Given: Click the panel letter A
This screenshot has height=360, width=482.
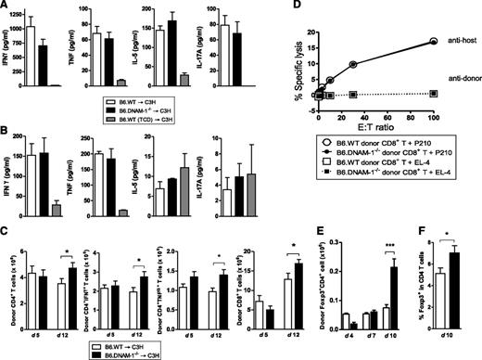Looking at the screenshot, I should click(6, 6).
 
